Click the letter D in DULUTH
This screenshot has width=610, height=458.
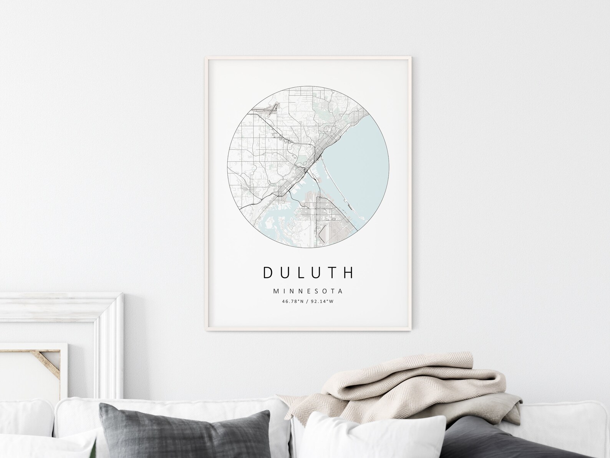268,272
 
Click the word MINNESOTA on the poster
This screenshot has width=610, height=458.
308,291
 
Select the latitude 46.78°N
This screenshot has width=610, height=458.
292,301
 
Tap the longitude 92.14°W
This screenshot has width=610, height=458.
323,301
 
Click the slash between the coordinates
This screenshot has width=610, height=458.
308,301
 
